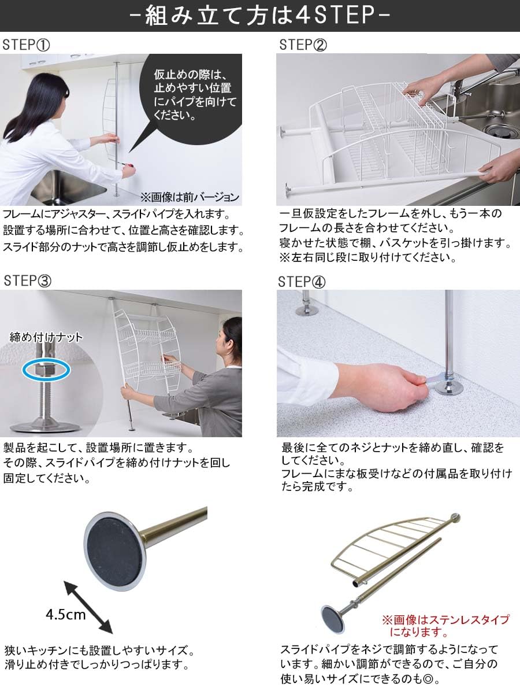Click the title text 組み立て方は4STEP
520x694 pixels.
point(259,16)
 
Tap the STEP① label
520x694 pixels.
point(27,46)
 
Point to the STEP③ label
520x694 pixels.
point(27,281)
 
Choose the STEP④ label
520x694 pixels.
point(302,282)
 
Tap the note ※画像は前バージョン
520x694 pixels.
point(190,197)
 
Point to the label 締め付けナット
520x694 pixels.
point(46,337)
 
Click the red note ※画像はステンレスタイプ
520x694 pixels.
point(445,625)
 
